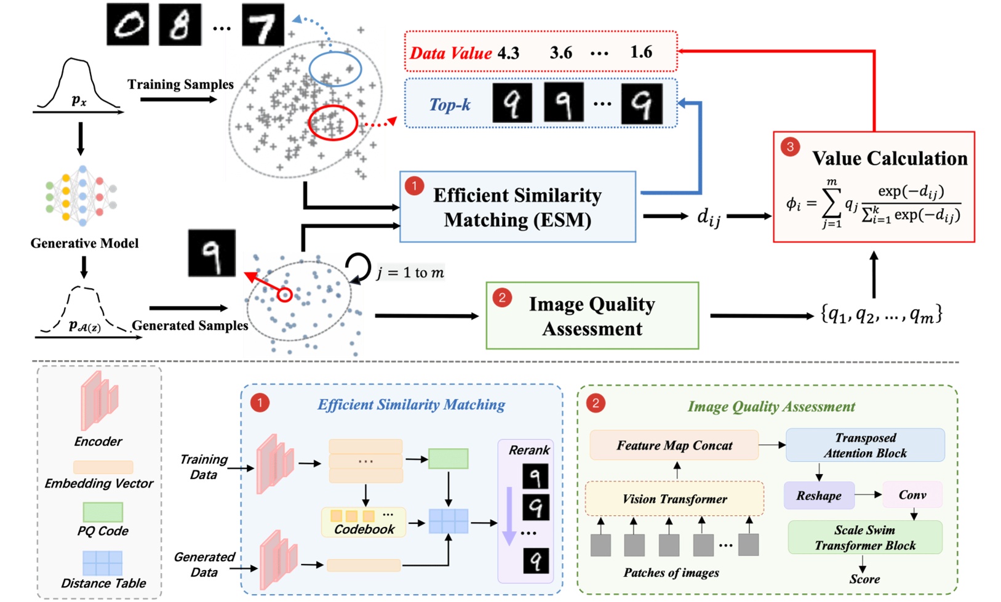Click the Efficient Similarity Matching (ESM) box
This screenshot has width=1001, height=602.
(x=517, y=207)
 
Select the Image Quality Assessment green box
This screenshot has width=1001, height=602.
(x=592, y=316)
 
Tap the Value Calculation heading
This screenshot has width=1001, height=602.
(x=889, y=158)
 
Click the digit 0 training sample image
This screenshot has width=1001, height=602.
(x=128, y=24)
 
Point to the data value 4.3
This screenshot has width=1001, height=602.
(x=508, y=53)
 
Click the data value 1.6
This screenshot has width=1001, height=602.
(x=641, y=52)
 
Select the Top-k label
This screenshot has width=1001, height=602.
(x=450, y=105)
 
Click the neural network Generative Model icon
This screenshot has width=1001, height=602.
(x=81, y=196)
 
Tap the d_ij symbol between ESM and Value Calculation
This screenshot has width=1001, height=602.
(x=708, y=217)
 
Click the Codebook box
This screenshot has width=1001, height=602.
(x=364, y=522)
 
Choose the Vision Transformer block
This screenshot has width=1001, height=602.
(x=674, y=499)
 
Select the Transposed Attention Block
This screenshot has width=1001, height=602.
(x=865, y=445)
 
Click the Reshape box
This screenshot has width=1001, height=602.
(x=818, y=496)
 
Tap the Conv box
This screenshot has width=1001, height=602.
(x=912, y=495)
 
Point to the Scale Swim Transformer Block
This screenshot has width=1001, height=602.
(x=865, y=537)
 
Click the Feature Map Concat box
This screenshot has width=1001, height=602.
(x=674, y=445)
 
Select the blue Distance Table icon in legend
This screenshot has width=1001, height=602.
(x=103, y=563)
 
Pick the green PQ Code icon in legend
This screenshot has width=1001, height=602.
(x=103, y=512)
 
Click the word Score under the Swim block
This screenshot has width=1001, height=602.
(x=864, y=579)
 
